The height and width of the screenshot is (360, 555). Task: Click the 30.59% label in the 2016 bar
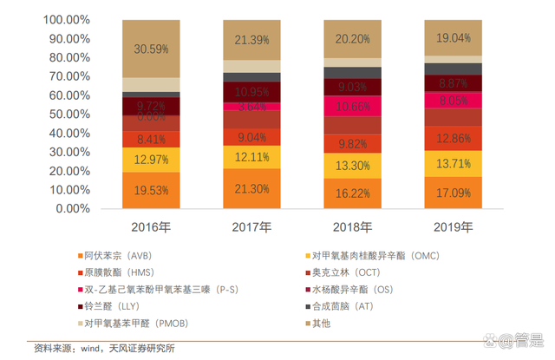pyautogui.click(x=151, y=49)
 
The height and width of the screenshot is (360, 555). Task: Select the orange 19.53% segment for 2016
pyautogui.click(x=151, y=190)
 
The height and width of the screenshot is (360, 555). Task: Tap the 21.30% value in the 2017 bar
pyautogui.click(x=251, y=188)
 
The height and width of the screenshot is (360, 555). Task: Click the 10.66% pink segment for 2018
pyautogui.click(x=352, y=107)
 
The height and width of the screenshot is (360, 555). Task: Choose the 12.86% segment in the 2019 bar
pyautogui.click(x=453, y=138)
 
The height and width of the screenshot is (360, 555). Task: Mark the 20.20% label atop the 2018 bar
pyautogui.click(x=352, y=38)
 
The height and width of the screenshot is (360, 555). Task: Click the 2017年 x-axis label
pyautogui.click(x=251, y=227)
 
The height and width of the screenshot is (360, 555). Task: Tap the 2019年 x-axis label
pyautogui.click(x=453, y=227)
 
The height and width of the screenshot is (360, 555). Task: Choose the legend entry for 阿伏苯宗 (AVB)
pyautogui.click(x=118, y=257)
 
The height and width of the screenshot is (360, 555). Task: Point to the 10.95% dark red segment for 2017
pyautogui.click(x=251, y=92)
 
